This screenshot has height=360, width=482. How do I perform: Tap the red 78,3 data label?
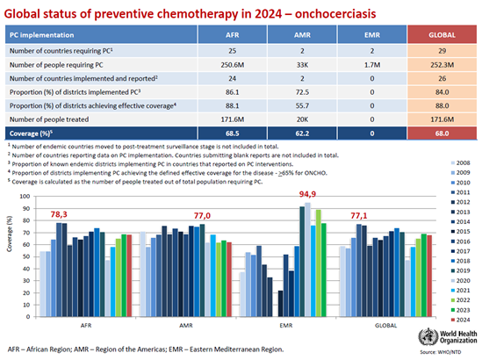pyautogui.click(x=69, y=213)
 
